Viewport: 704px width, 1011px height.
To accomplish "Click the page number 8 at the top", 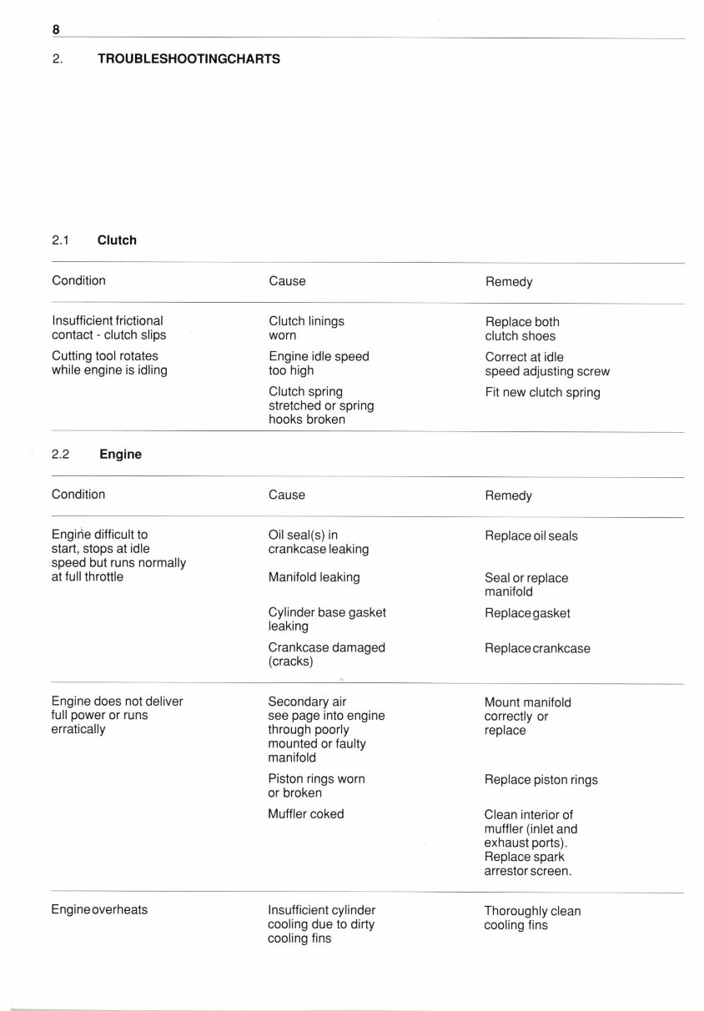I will pyautogui.click(x=56, y=29).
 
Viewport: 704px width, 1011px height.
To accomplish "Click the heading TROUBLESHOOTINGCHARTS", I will pyautogui.click(x=189, y=59).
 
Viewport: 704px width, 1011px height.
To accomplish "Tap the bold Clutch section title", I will pyautogui.click(x=117, y=240).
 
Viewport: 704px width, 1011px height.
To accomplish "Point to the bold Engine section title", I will pyautogui.click(x=120, y=455).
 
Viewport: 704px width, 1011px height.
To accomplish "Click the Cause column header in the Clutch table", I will pyautogui.click(x=287, y=281).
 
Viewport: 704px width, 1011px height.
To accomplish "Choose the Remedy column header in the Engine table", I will pyautogui.click(x=508, y=495).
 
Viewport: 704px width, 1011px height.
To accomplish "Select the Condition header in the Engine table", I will pyautogui.click(x=78, y=495).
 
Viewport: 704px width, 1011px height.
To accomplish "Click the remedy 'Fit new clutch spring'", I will pyautogui.click(x=542, y=392).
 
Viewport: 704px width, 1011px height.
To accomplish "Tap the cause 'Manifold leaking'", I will pyautogui.click(x=314, y=577).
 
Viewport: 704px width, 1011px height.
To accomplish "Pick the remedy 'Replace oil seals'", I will pyautogui.click(x=531, y=536).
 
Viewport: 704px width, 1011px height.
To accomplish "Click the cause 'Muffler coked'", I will pyautogui.click(x=305, y=814).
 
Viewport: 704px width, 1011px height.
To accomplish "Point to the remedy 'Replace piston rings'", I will pyautogui.click(x=541, y=780).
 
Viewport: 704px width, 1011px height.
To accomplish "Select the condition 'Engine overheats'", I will pyautogui.click(x=99, y=910).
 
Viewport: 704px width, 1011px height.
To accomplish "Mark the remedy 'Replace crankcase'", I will pyautogui.click(x=537, y=649).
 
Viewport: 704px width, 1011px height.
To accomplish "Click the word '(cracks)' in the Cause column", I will pyautogui.click(x=290, y=661).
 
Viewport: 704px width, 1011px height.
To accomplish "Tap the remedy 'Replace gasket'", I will pyautogui.click(x=527, y=613).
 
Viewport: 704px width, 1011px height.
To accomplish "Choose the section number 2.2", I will pyautogui.click(x=61, y=455).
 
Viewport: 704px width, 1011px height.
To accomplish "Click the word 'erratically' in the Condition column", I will pyautogui.click(x=78, y=730).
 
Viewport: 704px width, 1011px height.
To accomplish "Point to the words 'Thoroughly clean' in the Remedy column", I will pyautogui.click(x=532, y=911).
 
